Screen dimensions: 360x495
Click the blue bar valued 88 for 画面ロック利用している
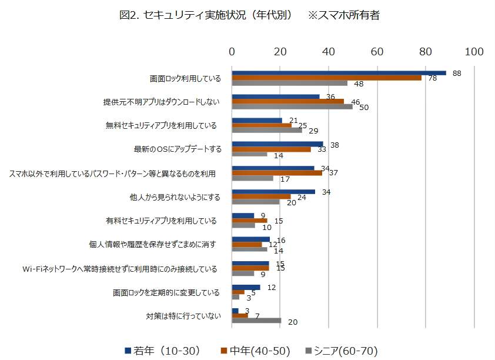pyautogui.click(x=339, y=73)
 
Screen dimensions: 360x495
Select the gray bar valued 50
pyautogui.click(x=292, y=106)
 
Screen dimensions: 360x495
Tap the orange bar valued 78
pyautogui.click(x=326, y=78)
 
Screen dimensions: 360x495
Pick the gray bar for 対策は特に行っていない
pyautogui.click(x=256, y=321)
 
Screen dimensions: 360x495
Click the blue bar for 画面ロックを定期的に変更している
pyautogui.click(x=246, y=287)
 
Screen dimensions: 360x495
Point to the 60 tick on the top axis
pyautogui.click(x=377, y=52)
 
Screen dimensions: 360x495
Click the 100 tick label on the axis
pyautogui.click(x=474, y=52)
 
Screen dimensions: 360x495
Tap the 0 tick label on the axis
pyautogui.click(x=232, y=52)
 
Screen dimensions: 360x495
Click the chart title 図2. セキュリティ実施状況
pyautogui.click(x=206, y=16)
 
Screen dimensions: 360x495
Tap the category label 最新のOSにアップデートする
pyautogui.click(x=178, y=149)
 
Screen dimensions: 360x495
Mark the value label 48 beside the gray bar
pyautogui.click(x=359, y=84)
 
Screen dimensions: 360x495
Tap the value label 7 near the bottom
pyautogui.click(x=257, y=316)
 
